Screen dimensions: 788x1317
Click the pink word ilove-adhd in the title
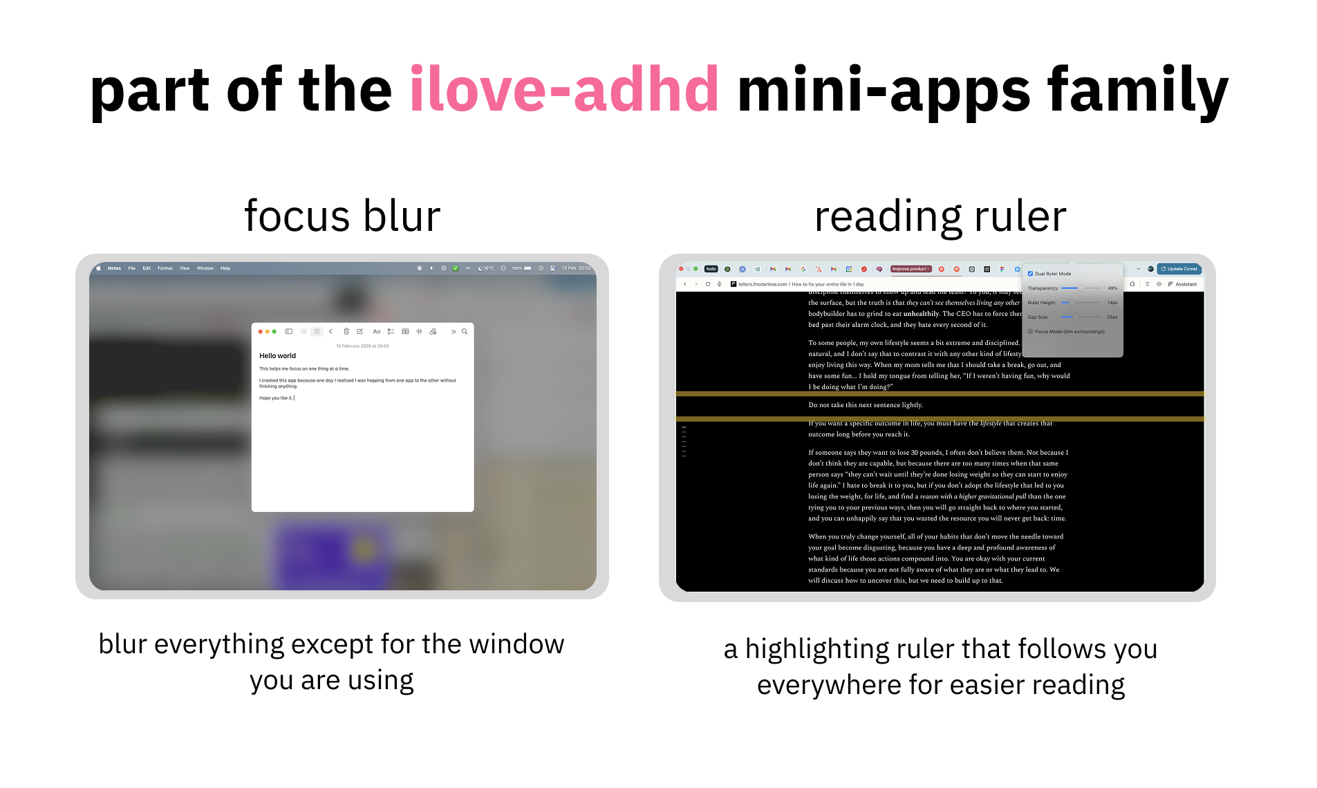tap(563, 89)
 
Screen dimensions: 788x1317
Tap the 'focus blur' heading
tap(342, 216)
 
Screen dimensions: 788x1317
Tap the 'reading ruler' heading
tap(940, 216)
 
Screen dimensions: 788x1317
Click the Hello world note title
tap(277, 356)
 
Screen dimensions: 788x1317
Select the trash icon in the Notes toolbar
tap(346, 332)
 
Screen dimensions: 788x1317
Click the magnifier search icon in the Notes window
tap(465, 332)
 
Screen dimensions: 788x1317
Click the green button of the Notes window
tap(274, 332)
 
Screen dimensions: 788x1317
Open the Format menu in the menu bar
tap(165, 268)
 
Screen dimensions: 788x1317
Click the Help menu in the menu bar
tap(225, 268)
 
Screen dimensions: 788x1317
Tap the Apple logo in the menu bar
tap(99, 268)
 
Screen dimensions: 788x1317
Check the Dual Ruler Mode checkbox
tap(1030, 274)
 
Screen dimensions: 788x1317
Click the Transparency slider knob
tap(1081, 288)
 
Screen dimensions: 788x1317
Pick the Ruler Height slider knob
tap(1071, 303)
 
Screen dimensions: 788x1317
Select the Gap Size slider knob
tap(1075, 317)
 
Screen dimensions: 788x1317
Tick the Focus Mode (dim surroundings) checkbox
tap(1030, 332)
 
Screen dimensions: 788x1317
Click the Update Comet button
tap(1179, 269)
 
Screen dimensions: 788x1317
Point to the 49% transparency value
tap(1112, 288)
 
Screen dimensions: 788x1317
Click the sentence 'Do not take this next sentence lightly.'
tap(866, 405)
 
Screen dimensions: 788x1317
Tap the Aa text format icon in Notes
tap(377, 332)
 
